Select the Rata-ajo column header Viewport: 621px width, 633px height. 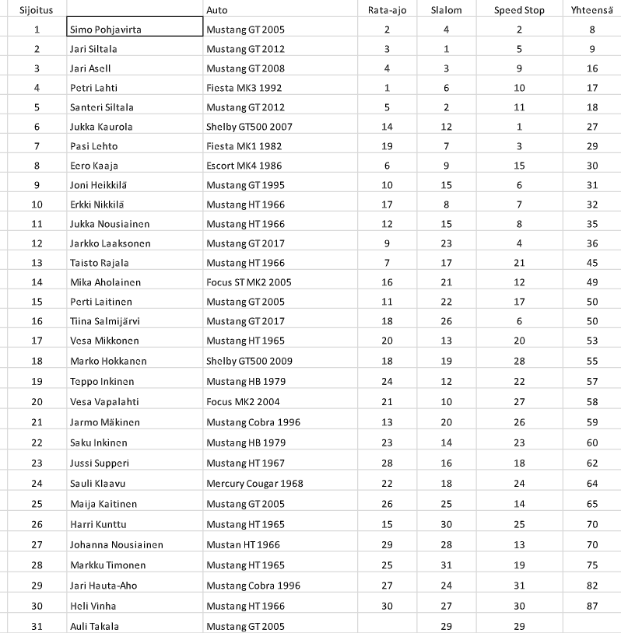pos(387,10)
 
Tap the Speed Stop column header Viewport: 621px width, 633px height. pos(519,10)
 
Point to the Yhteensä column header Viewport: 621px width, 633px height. pos(592,10)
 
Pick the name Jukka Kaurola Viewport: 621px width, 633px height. pos(101,127)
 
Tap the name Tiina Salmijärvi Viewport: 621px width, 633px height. pos(105,321)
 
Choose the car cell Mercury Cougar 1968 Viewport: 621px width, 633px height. pos(254,484)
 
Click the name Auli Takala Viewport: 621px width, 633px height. pos(95,625)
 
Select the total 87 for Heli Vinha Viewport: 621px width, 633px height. pos(592,606)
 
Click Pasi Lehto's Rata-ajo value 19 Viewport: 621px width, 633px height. pos(387,146)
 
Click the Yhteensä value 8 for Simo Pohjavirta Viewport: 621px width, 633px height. pos(592,30)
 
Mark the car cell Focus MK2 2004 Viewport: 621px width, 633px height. pos(243,402)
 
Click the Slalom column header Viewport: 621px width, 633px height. pos(446,10)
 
